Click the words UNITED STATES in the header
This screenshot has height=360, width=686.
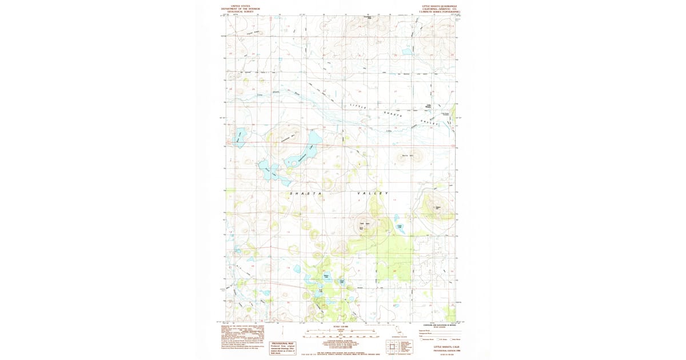(x=241, y=6)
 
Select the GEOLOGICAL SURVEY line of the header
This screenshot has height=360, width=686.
(x=241, y=11)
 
